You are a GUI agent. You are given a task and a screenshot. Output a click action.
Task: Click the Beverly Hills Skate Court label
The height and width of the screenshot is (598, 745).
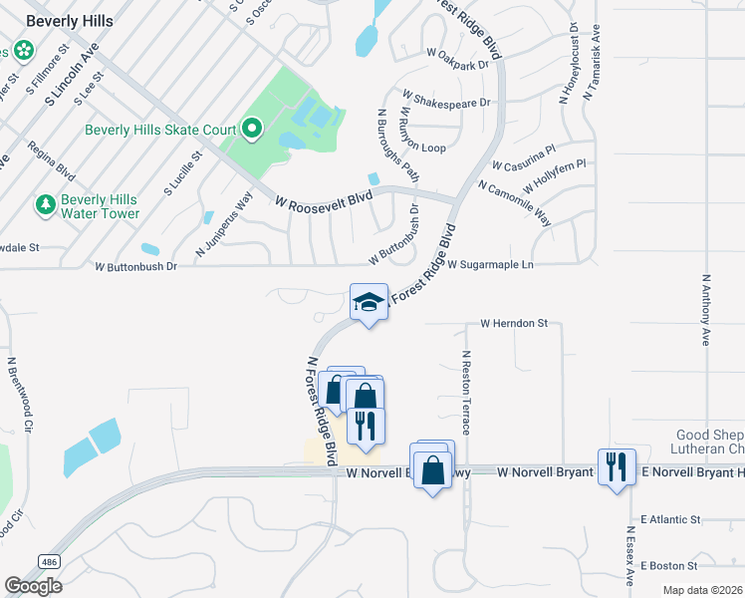click(x=159, y=130)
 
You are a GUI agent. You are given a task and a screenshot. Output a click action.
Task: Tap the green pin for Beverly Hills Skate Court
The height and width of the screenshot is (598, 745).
click(x=252, y=129)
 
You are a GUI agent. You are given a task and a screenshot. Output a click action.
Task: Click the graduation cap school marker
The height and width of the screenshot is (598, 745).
click(x=368, y=303)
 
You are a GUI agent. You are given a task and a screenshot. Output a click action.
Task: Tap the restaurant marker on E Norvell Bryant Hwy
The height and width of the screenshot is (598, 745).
click(x=616, y=465)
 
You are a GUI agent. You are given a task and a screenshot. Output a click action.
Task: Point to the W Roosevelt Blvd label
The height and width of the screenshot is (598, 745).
click(x=323, y=199)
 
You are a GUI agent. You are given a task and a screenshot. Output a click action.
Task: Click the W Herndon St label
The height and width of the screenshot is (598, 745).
click(x=514, y=324)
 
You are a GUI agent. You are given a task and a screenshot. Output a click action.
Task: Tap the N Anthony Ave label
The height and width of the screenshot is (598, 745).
click(x=706, y=309)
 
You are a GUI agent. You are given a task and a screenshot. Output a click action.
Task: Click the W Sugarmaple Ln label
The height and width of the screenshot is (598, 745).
click(x=490, y=265)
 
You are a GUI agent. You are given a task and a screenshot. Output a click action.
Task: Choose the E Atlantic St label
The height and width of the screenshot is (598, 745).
click(x=671, y=519)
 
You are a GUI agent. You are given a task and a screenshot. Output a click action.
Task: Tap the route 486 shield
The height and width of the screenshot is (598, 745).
click(x=48, y=563)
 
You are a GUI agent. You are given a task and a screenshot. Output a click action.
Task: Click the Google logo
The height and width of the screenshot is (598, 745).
click(x=33, y=585)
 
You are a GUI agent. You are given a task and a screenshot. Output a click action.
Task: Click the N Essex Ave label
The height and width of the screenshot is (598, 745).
click(x=630, y=556)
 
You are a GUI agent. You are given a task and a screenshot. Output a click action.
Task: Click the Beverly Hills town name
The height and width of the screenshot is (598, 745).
click(x=69, y=20)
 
